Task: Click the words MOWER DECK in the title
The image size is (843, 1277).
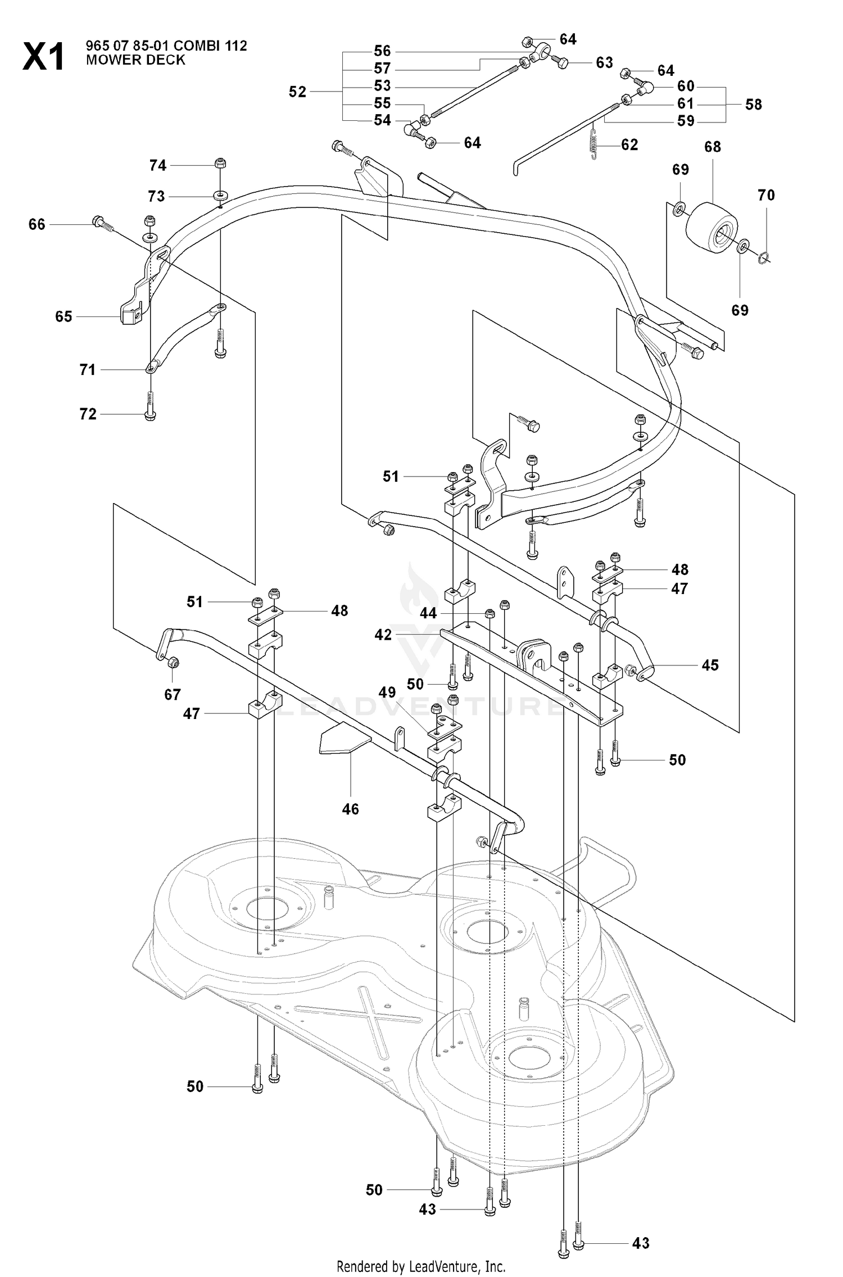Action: (135, 60)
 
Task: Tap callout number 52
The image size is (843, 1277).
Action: (297, 92)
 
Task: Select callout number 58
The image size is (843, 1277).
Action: (753, 104)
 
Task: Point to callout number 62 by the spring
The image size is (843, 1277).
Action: (629, 144)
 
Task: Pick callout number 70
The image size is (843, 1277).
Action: (766, 195)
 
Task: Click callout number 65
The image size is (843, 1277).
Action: (64, 316)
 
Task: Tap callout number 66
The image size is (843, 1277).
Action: (37, 224)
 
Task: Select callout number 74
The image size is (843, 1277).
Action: (157, 165)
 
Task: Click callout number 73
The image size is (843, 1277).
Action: (156, 196)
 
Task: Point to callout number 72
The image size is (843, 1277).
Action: (88, 414)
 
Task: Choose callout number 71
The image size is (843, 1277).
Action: (87, 369)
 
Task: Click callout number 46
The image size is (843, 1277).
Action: (350, 809)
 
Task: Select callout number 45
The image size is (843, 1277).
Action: (710, 665)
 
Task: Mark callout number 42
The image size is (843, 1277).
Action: (383, 635)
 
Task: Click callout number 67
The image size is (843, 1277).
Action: (172, 695)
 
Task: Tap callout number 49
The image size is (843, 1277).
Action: (387, 692)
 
